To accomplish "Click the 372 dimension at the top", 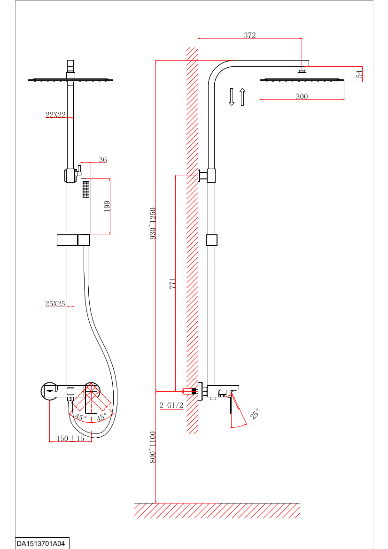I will click(250, 36).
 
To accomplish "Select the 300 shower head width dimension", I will click(302, 96).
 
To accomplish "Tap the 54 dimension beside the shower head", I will click(359, 74).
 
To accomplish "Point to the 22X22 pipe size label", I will click(55, 115).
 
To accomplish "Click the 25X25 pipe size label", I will click(55, 304).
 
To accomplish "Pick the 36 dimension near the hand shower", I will click(103, 160).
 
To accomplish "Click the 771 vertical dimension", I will click(172, 283).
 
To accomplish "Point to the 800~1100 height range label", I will click(152, 447).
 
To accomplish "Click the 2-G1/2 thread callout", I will click(171, 405).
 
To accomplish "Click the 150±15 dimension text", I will click(70, 439).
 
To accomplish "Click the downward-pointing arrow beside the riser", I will click(232, 97).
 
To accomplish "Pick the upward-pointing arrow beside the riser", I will click(242, 97).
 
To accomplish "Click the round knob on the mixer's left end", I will click(49, 391).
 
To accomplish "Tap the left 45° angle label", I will click(81, 418).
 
